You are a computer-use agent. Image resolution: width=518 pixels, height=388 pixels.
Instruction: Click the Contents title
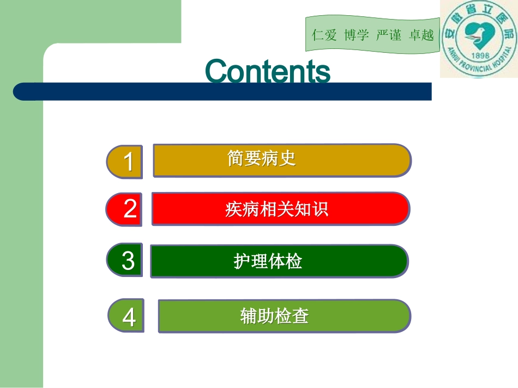coord(268,71)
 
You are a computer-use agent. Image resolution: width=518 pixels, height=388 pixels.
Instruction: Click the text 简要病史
coord(261,158)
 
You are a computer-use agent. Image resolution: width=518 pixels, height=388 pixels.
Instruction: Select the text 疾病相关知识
coord(276,209)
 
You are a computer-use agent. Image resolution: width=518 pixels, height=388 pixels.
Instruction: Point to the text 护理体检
coord(268,262)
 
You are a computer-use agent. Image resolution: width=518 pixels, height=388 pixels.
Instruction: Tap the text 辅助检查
coord(274,316)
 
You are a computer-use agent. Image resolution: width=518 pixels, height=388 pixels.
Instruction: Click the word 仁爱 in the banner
coord(324,35)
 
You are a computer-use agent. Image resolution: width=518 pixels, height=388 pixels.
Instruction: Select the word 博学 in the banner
coord(357,35)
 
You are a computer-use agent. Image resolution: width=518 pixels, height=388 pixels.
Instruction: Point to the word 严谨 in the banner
coord(389,35)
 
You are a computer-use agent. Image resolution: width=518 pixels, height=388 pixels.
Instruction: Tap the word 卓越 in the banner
coord(421,35)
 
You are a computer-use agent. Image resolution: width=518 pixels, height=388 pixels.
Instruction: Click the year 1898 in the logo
coord(479,58)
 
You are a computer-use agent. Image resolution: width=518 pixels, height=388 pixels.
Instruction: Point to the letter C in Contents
coord(216,72)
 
